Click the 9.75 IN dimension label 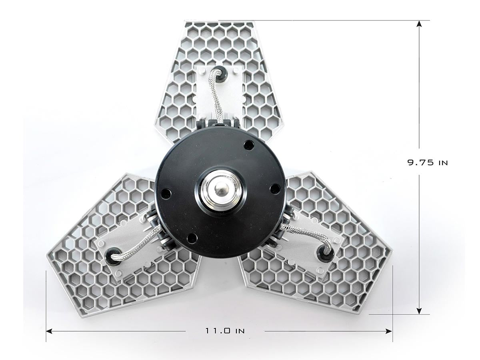pyautogui.click(x=428, y=163)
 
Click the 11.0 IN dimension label pyautogui.click(x=225, y=331)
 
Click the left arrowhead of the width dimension pyautogui.click(x=49, y=331)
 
